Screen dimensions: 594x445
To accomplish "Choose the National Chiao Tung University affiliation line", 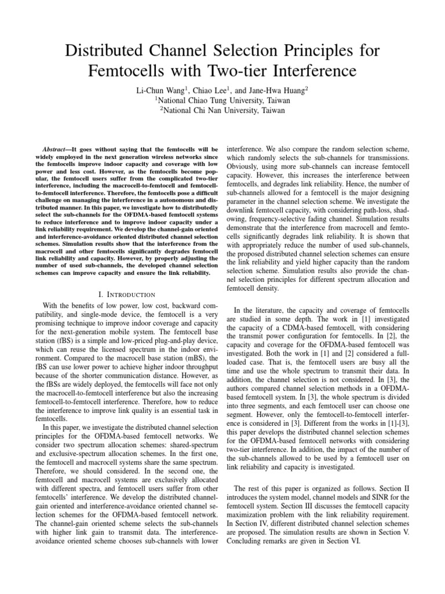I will [222, 100].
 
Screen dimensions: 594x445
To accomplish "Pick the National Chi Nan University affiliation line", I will [222, 110].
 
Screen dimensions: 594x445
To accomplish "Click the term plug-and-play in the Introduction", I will [149, 349].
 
